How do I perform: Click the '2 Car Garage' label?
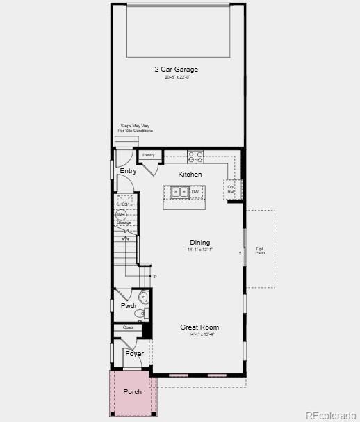pos(177,69)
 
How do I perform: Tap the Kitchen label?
pos(190,175)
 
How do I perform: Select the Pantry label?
pos(149,155)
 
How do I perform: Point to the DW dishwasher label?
pos(195,192)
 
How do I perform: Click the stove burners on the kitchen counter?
pos(195,156)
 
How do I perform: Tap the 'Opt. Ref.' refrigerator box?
pos(231,188)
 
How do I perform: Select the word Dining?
pos(199,243)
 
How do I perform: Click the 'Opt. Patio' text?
pos(260,250)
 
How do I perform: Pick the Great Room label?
pos(199,327)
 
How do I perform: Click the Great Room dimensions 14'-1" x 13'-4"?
pos(202,334)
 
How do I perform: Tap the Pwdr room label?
pos(128,305)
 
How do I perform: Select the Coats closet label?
pos(128,327)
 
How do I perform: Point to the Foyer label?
pos(134,354)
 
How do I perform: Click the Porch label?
pos(132,392)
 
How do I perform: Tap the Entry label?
pos(128,171)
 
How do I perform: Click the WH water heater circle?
pos(121,216)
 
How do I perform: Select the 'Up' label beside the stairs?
pos(154,276)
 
